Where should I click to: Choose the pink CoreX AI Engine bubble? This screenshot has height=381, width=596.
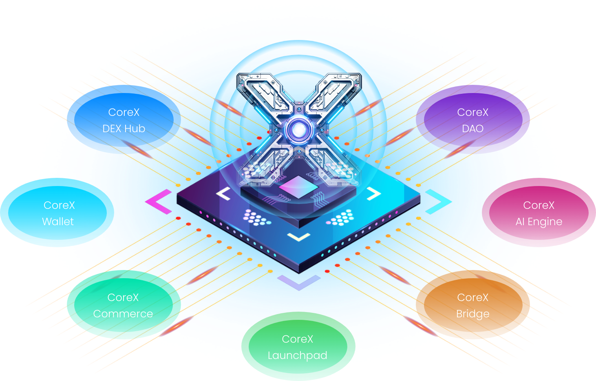539,213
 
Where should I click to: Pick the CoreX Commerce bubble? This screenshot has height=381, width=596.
123,305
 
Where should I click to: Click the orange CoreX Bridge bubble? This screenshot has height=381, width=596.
472,305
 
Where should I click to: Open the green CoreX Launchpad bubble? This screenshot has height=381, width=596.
298,346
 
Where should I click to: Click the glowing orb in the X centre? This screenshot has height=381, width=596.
299,130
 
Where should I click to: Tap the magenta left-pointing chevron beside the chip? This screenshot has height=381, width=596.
159,201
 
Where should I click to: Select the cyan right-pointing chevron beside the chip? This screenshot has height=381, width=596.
439,202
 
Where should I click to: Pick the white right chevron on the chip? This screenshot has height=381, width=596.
374,194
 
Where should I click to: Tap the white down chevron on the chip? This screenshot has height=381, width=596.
299,237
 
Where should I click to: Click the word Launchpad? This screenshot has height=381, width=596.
298,355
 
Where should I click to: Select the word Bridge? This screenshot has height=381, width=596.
472,314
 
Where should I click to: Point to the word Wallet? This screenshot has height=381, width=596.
58,222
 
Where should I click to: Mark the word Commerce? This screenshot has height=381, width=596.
123,314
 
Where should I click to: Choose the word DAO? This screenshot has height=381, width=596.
472,128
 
